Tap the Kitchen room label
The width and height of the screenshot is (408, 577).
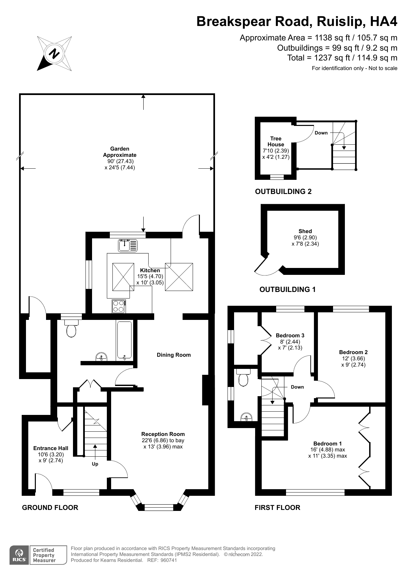[x=150, y=270]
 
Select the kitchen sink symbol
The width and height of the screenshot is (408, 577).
[x=128, y=245]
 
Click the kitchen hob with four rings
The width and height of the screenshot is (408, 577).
[x=119, y=306]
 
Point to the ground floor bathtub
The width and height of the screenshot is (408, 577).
[x=124, y=340]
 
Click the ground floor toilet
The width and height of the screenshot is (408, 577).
[x=71, y=329]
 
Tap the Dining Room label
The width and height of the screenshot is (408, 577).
[x=174, y=355]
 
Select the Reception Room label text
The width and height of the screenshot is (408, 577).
[x=163, y=434]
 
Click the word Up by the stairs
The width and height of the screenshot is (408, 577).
[x=95, y=464]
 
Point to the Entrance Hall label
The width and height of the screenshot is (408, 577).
[x=51, y=448]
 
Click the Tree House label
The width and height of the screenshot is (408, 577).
[x=276, y=141]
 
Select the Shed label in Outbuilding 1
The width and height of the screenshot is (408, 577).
[x=305, y=231]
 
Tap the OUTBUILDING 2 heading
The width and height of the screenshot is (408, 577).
[x=283, y=191]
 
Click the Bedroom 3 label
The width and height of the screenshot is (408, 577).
[x=290, y=335]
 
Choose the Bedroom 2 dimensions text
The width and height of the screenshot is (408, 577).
[x=353, y=362]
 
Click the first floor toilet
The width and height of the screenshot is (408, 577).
[x=243, y=378]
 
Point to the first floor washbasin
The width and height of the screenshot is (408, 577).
[x=246, y=417]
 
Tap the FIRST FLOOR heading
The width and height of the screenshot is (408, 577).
[x=277, y=507]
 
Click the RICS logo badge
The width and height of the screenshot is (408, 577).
[x=19, y=555]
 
